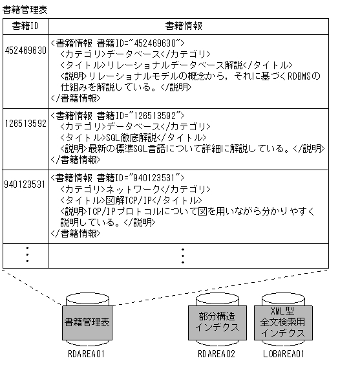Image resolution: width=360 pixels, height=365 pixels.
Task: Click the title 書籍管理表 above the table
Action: click(x=25, y=9)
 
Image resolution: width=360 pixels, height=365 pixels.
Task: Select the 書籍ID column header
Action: click(x=25, y=26)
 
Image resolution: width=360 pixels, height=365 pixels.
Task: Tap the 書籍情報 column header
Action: click(x=183, y=26)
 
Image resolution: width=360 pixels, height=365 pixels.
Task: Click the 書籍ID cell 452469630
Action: click(x=25, y=50)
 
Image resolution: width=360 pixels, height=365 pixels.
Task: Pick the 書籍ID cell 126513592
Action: click(x=25, y=123)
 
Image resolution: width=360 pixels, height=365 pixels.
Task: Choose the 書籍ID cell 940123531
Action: click(x=25, y=184)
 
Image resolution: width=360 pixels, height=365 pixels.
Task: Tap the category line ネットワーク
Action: click(x=135, y=188)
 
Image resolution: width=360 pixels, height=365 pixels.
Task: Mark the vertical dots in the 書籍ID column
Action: click(x=26, y=256)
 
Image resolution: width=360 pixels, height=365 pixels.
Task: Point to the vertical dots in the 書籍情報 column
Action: click(x=183, y=256)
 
